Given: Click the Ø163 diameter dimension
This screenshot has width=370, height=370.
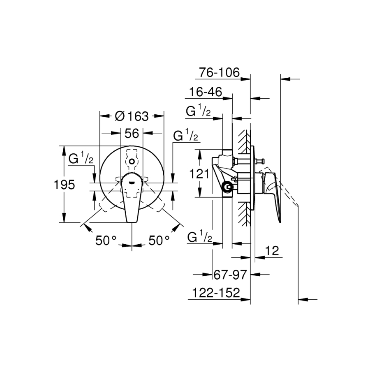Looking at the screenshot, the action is pos(132,116).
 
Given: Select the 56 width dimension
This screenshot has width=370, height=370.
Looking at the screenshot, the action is pos(132,133).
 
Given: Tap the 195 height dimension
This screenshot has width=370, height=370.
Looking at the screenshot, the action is pos(64,184).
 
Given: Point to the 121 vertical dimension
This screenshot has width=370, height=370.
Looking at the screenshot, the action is pos(199,174).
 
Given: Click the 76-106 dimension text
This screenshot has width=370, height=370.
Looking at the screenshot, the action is pos(219,72).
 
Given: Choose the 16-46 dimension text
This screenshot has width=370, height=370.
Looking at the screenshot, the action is pos(206,92).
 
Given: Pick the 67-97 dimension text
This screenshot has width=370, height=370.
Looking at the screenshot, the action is pos(230,274).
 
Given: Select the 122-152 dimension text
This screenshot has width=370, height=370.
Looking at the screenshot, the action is pos(216,293).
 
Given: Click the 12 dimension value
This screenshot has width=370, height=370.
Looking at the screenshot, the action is pos(272,251).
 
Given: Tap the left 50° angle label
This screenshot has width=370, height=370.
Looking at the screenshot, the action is pos(106,240).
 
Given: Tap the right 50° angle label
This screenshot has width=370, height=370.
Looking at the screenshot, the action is pos(159,240).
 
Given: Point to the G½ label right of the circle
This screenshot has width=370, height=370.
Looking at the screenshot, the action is pos(185,135).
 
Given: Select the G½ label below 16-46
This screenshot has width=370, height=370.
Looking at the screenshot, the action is pos(198,110).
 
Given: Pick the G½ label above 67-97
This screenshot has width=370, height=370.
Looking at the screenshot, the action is pos(200,236).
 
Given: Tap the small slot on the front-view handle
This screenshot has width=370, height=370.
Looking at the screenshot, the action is pos(132,182).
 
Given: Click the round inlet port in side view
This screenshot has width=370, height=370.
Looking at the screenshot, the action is pos(228,187).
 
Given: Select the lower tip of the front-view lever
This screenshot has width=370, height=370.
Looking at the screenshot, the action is pos(132,222).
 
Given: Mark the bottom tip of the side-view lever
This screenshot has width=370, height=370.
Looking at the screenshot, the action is pos(280,222).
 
